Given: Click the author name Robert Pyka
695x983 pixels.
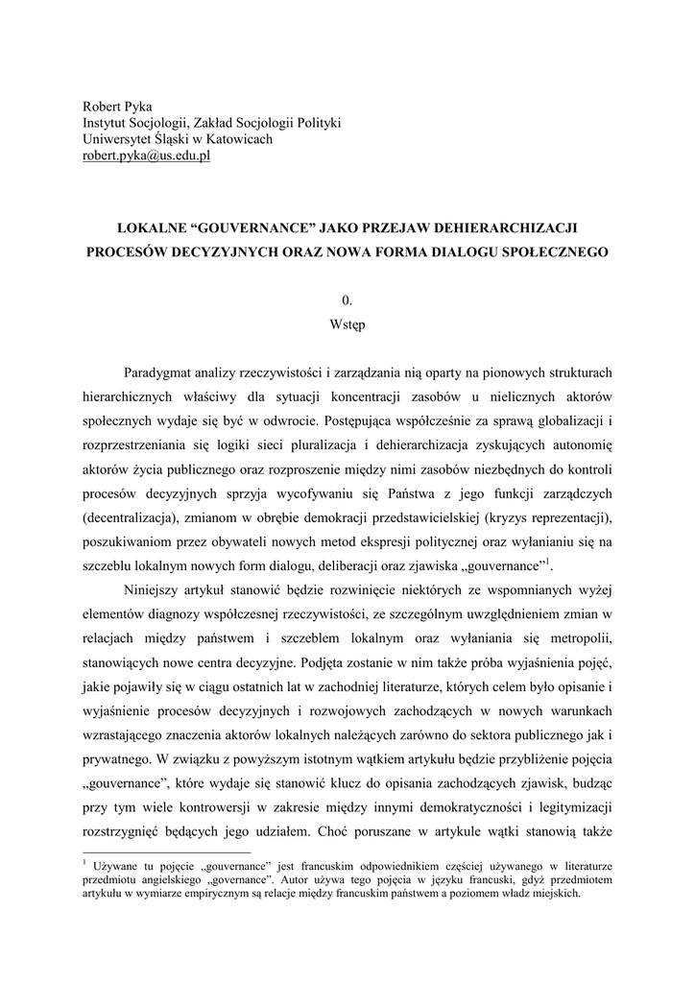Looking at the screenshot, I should pos(117,106).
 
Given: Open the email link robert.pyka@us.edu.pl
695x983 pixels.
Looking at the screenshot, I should pos(144,156).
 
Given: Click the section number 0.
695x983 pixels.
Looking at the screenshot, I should pos(347,300).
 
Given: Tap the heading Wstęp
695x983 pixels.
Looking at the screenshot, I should pos(347,324).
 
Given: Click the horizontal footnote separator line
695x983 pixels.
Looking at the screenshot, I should pos(167,851).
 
